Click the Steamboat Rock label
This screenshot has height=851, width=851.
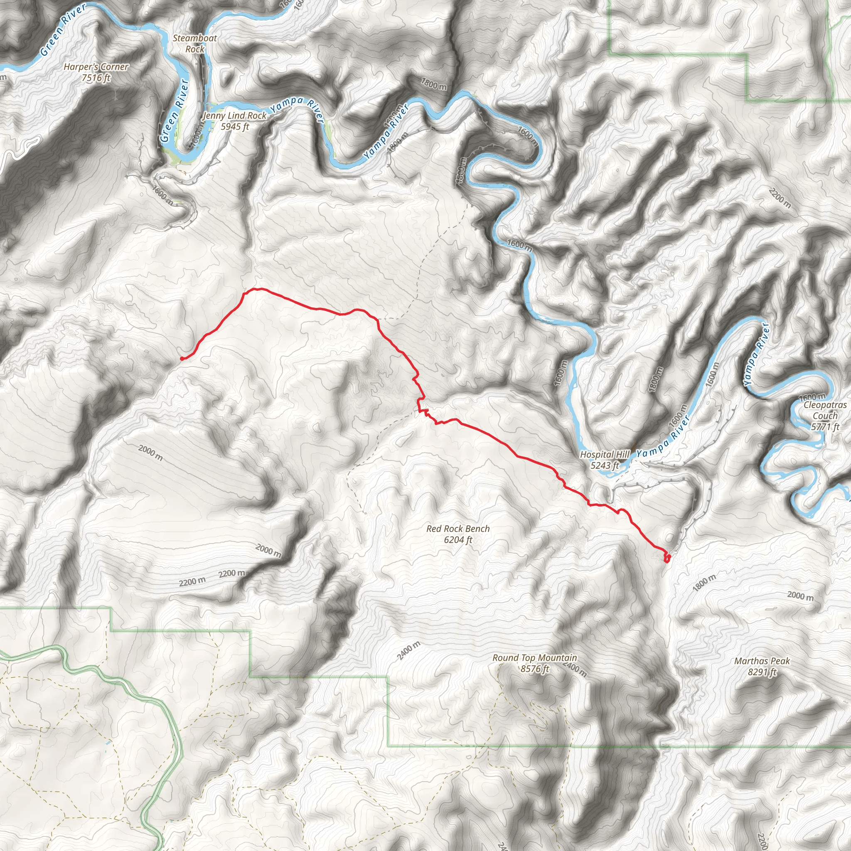coord(195,44)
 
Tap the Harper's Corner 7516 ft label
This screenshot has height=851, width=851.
coord(96,72)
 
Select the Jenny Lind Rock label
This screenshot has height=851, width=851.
coord(234,116)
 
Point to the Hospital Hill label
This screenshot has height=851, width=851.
coord(604,454)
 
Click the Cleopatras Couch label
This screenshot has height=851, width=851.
coord(825,410)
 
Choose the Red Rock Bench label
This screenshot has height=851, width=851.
coord(458,529)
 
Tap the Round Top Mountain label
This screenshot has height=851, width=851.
coord(534,658)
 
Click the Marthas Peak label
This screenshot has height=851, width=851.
coord(762,661)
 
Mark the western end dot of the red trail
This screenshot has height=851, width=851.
coord(182,359)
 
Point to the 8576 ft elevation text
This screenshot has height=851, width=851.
coord(535,669)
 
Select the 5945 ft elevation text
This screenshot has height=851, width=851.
coord(235,127)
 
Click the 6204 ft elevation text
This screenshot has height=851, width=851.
coord(458,540)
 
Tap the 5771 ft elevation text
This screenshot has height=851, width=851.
coord(825,427)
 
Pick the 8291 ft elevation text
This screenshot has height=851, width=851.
coord(762,672)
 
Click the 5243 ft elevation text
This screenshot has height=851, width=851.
coord(604,465)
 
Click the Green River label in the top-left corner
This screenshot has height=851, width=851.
coord(63,30)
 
